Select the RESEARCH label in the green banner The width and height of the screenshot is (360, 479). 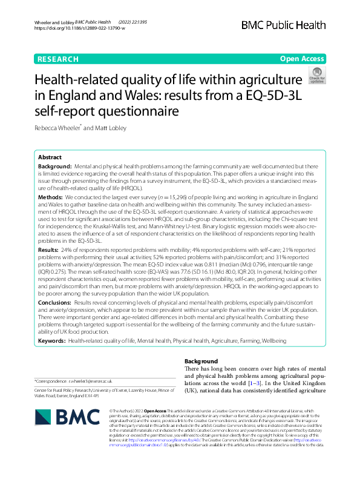coord(57,59)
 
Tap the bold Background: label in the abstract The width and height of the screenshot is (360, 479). coord(54,166)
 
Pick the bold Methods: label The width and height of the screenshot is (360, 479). coord(51,197)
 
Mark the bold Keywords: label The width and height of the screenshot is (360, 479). coord(52,342)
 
